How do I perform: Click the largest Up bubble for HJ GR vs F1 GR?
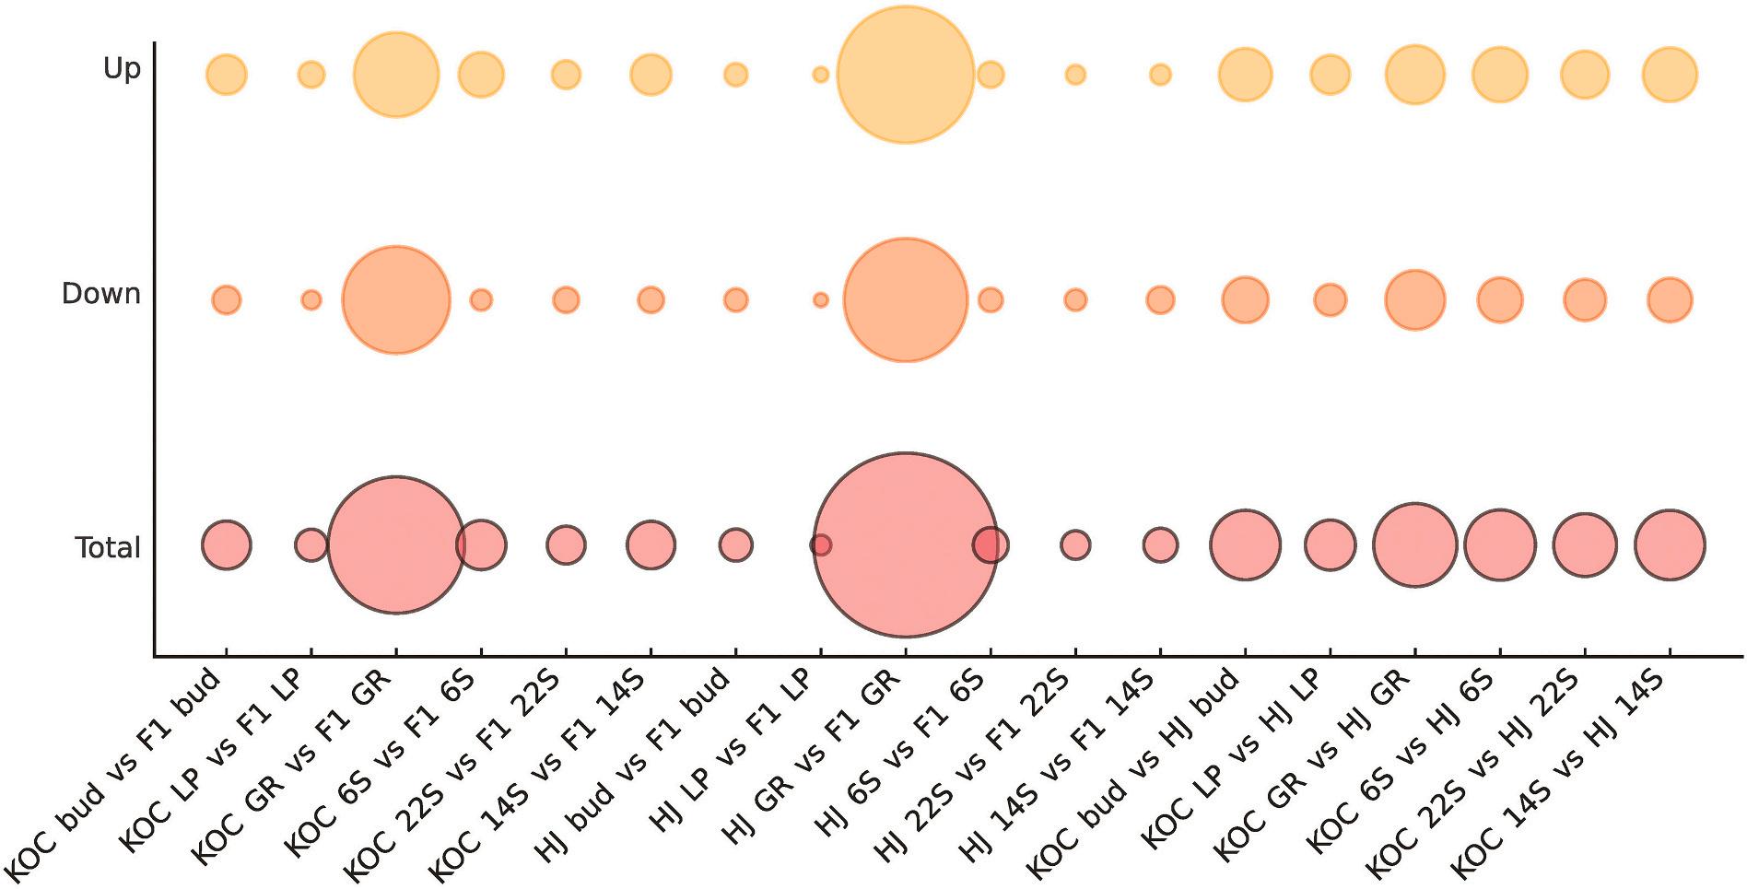pyautogui.click(x=905, y=75)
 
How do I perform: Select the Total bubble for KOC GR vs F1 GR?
pyautogui.click(x=395, y=544)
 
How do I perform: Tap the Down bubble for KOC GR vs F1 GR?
pyautogui.click(x=395, y=299)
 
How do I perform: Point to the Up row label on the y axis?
pyautogui.click(x=122, y=69)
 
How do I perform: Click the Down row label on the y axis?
pyautogui.click(x=100, y=295)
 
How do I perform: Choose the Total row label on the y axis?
pyautogui.click(x=108, y=549)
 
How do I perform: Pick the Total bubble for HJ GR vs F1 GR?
pyautogui.click(x=905, y=544)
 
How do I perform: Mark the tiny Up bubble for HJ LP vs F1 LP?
pyautogui.click(x=820, y=75)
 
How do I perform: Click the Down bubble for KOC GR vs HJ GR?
pyautogui.click(x=1414, y=299)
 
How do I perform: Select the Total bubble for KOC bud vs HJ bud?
pyautogui.click(x=1245, y=544)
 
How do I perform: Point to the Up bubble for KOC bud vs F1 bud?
pyautogui.click(x=227, y=75)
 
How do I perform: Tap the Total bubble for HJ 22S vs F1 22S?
pyautogui.click(x=1075, y=544)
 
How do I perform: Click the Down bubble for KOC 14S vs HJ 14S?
pyautogui.click(x=1670, y=299)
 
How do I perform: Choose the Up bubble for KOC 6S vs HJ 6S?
pyautogui.click(x=1499, y=75)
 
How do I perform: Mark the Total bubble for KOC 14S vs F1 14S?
pyautogui.click(x=651, y=544)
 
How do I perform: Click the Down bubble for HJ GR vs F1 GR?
pyautogui.click(x=905, y=299)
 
